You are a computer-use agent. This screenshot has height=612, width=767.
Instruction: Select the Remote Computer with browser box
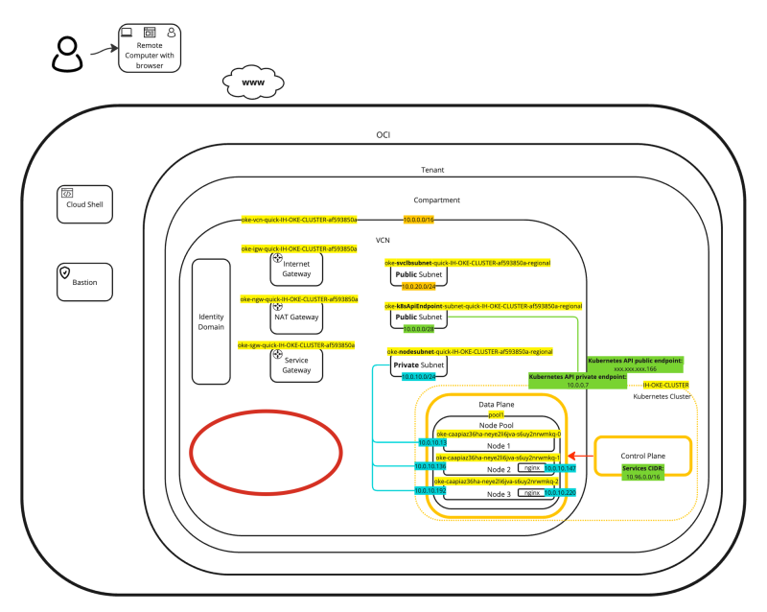pos(150,48)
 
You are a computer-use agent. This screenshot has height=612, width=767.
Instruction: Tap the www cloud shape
pos(253,83)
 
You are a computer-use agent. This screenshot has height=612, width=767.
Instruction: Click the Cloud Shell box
pos(85,203)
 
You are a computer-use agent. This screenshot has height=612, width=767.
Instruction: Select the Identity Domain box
pos(210,321)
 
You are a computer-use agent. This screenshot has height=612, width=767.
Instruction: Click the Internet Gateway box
pos(296,270)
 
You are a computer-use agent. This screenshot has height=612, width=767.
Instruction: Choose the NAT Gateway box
pos(296,316)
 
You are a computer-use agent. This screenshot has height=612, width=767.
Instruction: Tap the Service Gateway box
pos(296,365)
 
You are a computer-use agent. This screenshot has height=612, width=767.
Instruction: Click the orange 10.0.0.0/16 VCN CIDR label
pos(418,220)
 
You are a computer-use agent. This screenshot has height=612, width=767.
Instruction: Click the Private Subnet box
pos(419,365)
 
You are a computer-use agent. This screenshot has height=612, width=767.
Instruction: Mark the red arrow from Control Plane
pos(580,456)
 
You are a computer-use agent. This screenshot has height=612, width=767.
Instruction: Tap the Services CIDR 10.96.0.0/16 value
pos(642,476)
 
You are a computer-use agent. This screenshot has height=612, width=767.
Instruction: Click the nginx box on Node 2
pos(530,468)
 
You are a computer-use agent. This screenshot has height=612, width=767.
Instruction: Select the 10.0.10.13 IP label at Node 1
pos(430,442)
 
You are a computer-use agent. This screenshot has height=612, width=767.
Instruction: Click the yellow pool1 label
pos(496,414)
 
